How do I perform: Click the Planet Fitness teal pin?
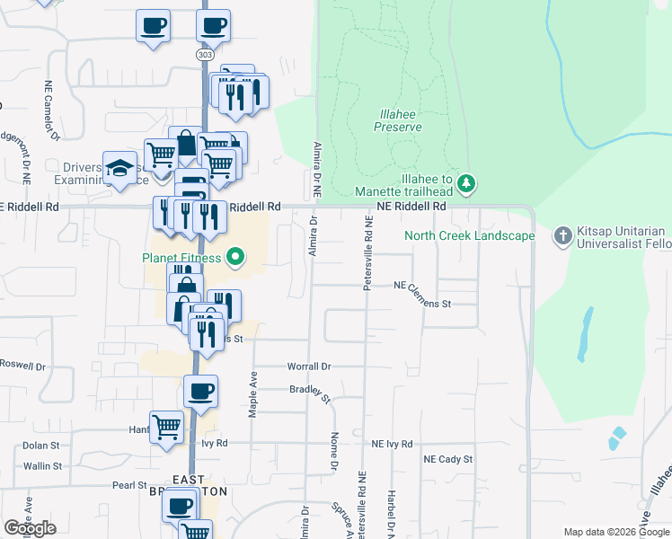236,259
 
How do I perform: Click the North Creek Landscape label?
469,236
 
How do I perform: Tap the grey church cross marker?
562,235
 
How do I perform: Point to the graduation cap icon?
119,168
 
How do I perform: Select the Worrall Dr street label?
309,367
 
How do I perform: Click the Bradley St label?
310,392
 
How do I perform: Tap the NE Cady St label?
448,459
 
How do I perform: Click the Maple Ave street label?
253,393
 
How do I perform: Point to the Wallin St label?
42,466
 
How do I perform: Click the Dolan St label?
40,445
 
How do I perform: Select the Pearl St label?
123,485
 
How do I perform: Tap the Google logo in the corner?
30,527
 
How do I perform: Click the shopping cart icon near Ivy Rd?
166,428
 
